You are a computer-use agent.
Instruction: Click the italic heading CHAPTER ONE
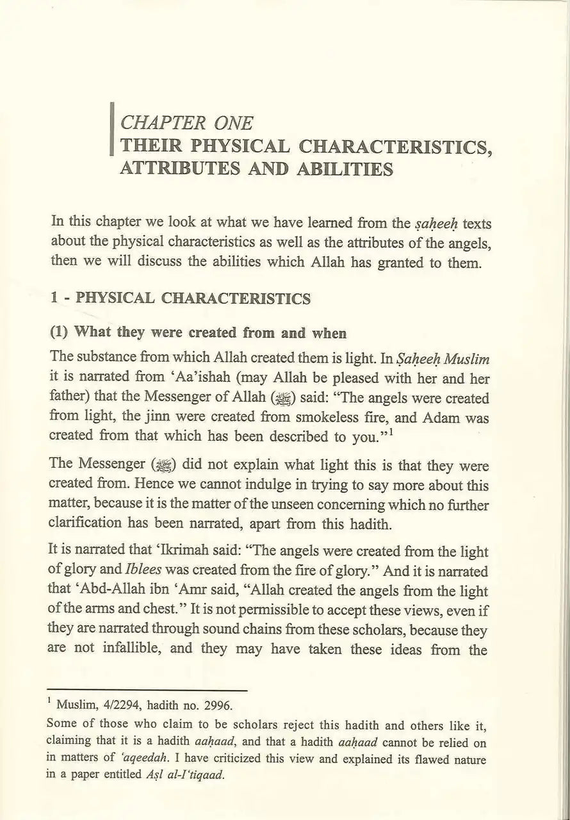point(186,122)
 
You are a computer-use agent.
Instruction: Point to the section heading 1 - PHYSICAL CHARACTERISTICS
point(181,299)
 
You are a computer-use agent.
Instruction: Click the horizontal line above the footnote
point(148,691)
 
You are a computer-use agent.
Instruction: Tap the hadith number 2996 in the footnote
point(216,707)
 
